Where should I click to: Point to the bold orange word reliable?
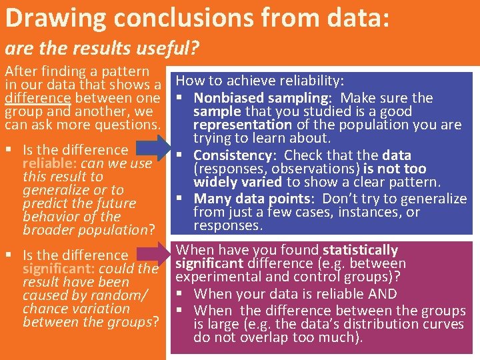tap(51, 163)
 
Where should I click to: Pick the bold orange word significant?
tap(61, 269)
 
